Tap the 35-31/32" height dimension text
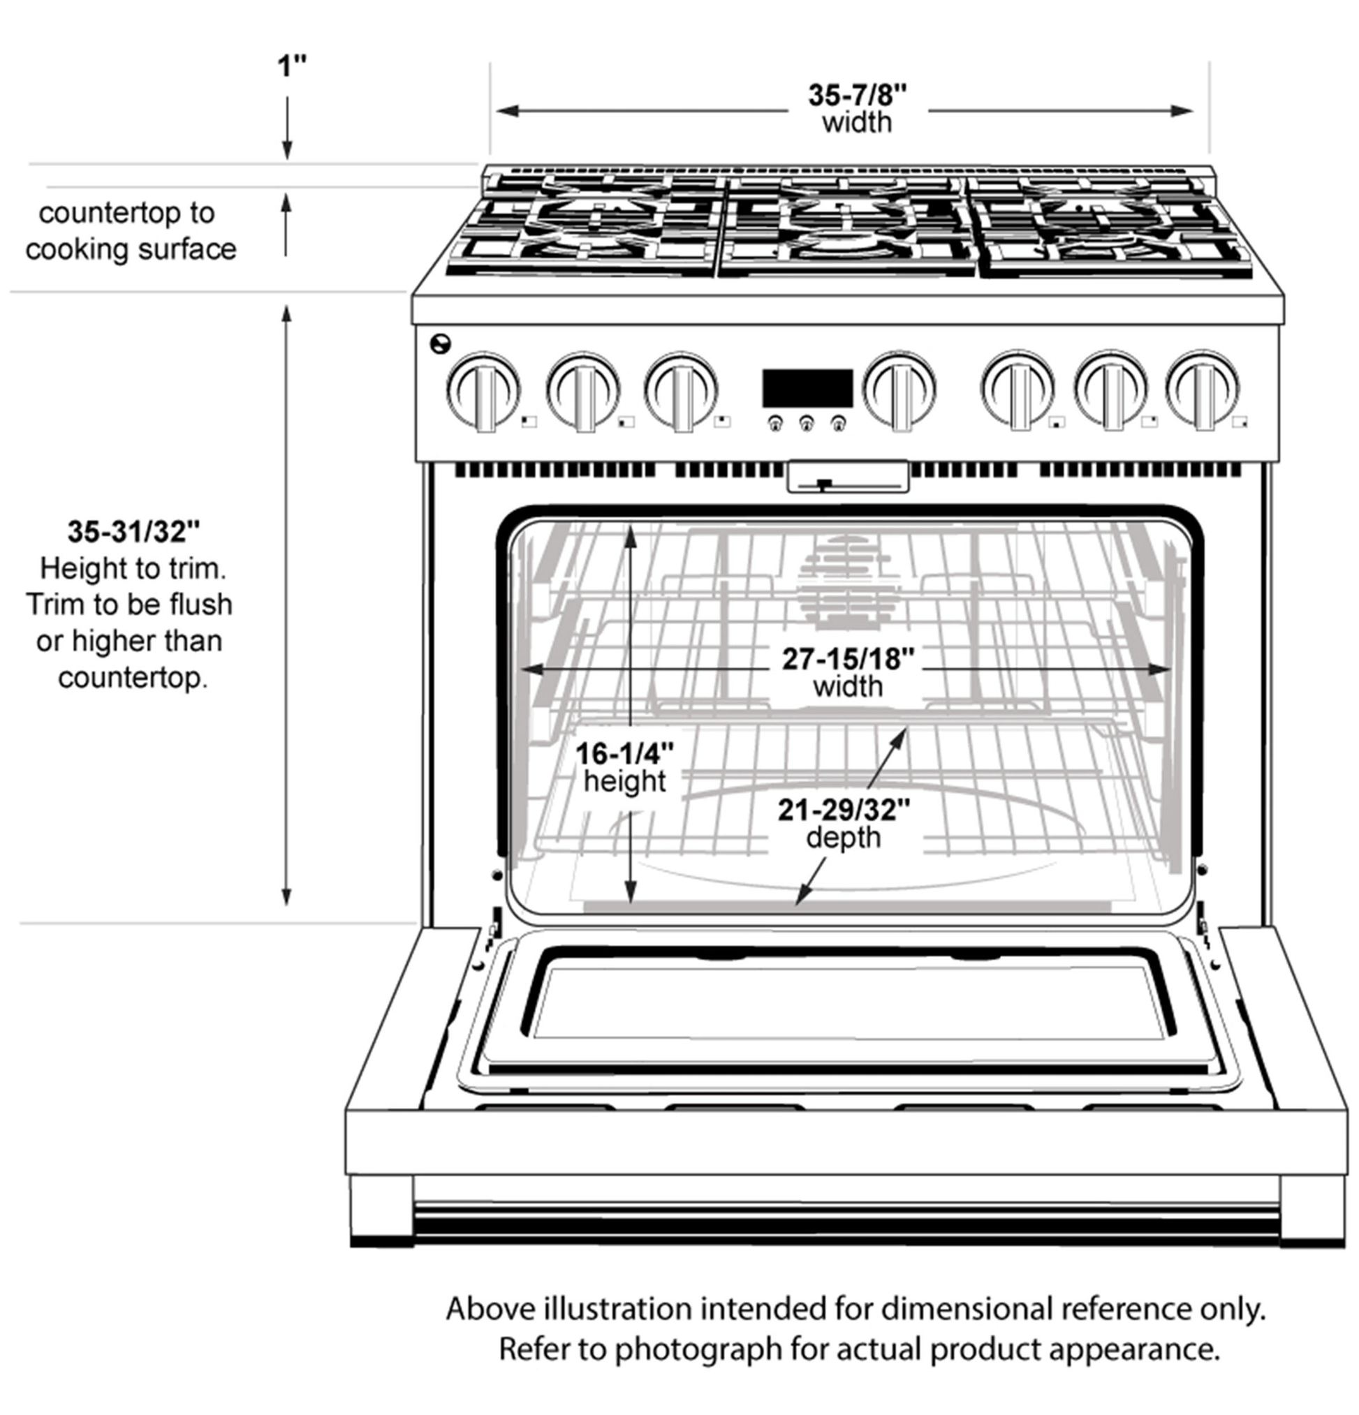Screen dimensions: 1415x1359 [x=133, y=532]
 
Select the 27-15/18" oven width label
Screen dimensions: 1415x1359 [x=848, y=658]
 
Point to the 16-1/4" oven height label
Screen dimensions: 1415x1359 [x=624, y=754]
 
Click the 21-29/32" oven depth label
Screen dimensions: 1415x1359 [x=844, y=810]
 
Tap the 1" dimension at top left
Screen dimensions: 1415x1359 [x=292, y=66]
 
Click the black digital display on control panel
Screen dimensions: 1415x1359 [x=807, y=388]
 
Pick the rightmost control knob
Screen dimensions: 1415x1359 [x=1203, y=390]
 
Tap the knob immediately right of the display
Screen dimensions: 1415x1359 [x=899, y=390]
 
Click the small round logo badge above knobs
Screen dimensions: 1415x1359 [x=440, y=343]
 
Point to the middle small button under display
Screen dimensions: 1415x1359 [x=807, y=424]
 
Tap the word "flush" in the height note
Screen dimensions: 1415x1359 [x=200, y=605]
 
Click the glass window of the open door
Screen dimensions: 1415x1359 [x=849, y=1002]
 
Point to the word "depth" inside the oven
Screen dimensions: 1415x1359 [x=844, y=838]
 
